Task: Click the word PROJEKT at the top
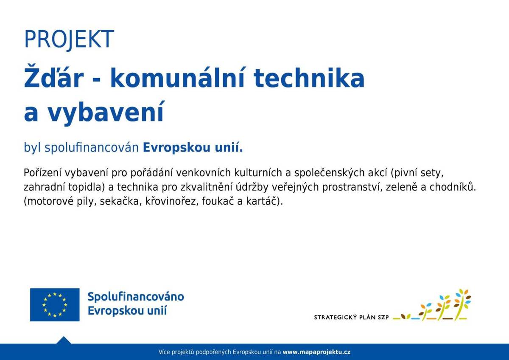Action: [x=69, y=39]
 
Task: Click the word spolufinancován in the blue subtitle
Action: [x=92, y=148]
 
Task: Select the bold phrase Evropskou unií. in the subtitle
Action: [x=193, y=148]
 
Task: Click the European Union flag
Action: [x=55, y=304]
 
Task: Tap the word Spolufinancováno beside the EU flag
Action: [x=136, y=296]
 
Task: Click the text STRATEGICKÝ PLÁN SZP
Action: [x=351, y=317]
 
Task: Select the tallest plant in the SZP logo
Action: [x=461, y=302]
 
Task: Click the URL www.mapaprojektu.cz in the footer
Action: [x=316, y=352]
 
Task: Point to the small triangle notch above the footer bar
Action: [x=64, y=340]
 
